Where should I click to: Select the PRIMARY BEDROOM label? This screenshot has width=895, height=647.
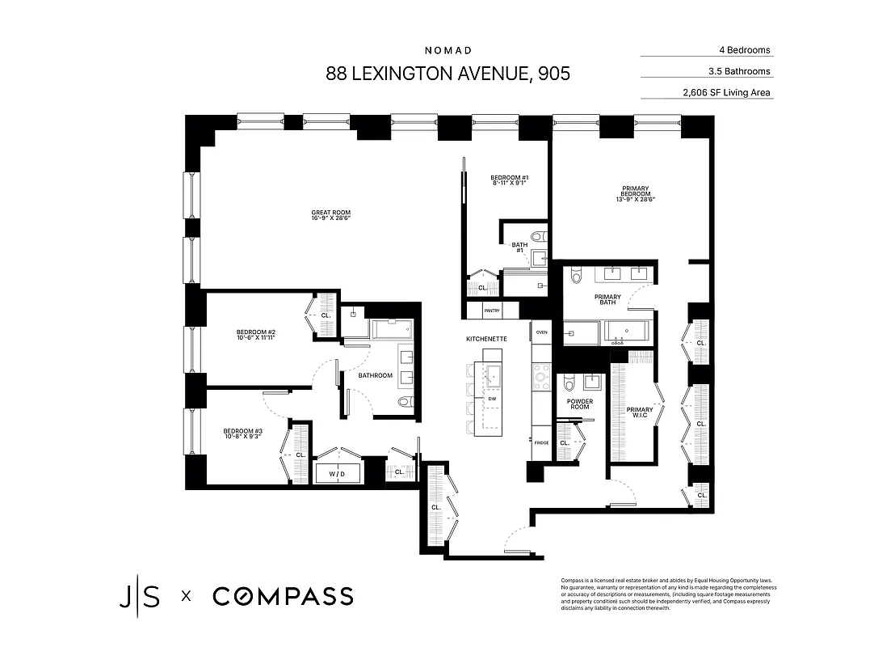[x=631, y=194]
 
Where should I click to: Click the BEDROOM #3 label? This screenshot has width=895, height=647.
[x=243, y=434]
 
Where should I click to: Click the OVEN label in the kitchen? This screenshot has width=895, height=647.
[x=541, y=332]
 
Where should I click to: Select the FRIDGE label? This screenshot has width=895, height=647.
[x=540, y=442]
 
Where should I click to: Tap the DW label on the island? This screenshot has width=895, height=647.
[x=493, y=400]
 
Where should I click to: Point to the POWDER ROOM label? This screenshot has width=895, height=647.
[x=580, y=404]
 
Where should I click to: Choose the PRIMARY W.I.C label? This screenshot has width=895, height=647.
[x=639, y=412]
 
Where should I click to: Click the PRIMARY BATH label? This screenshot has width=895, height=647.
[x=607, y=300]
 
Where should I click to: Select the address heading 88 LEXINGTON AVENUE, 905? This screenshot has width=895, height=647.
[x=447, y=74]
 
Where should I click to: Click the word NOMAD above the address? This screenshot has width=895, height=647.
[x=447, y=49]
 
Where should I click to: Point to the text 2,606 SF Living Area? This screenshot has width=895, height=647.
[x=726, y=93]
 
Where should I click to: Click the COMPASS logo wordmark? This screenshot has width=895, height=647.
[x=283, y=597]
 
